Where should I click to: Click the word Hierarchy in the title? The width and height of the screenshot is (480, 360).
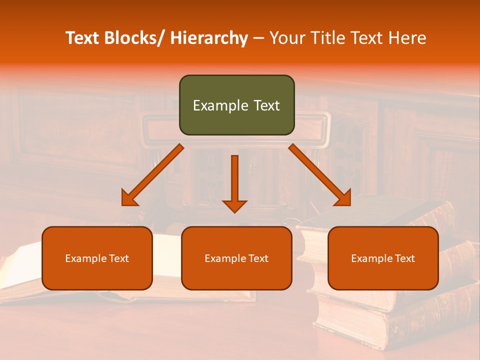(209, 38)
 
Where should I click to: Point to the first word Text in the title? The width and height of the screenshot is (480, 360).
(83, 38)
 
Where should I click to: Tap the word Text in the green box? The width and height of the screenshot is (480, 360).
(266, 106)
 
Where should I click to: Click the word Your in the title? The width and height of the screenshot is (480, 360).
(286, 38)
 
